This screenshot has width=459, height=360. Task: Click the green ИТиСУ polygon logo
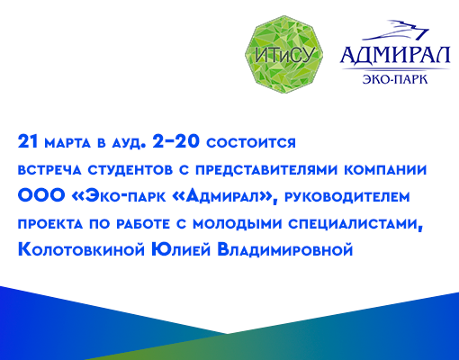click(283, 54)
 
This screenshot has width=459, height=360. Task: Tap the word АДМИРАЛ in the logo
click(395, 56)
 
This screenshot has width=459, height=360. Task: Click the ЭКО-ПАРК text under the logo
click(395, 79)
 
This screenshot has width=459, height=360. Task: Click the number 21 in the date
click(28, 141)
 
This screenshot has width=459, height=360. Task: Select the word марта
click(67, 143)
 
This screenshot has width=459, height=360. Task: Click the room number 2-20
click(175, 140)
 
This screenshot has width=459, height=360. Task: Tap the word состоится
click(251, 143)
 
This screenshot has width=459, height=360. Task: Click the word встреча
click(49, 170)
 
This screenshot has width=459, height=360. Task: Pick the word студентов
click(130, 170)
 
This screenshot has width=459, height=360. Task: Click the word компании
click(385, 170)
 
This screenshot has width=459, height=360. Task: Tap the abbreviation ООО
click(41, 196)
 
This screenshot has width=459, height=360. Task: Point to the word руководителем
click(347, 197)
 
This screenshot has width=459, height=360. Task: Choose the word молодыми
click(238, 224)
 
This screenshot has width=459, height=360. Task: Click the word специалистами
click(355, 224)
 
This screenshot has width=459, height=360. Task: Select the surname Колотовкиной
click(82, 250)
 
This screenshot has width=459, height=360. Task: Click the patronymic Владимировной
click(285, 250)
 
